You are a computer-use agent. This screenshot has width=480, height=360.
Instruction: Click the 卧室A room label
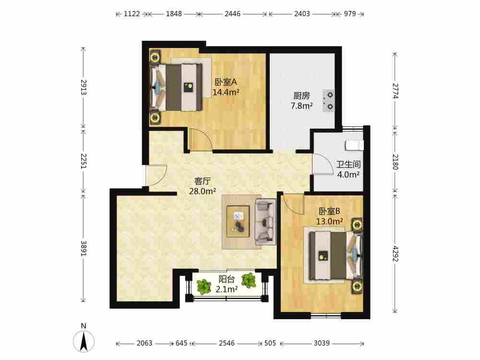tap(226, 82)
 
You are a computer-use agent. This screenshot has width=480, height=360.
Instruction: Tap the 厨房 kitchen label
tap(301, 96)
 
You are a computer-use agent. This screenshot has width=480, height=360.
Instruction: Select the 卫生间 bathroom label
tap(348, 164)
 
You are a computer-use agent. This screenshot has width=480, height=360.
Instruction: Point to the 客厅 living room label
tap(203, 181)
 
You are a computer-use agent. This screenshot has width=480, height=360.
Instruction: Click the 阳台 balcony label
tap(227, 279)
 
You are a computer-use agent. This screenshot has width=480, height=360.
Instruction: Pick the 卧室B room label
tap(329, 211)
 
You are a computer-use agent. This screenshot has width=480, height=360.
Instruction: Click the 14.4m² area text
tap(226, 92)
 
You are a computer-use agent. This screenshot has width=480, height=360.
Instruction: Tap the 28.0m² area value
tap(203, 192)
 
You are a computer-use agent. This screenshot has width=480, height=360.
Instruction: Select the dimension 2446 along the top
tap(232, 14)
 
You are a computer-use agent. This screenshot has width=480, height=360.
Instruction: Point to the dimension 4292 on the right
tap(395, 254)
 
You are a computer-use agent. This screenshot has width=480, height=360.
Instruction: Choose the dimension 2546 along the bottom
tap(227, 343)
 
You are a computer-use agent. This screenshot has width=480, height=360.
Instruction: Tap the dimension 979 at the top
tap(350, 14)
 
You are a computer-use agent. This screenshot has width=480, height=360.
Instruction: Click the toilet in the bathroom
tap(355, 145)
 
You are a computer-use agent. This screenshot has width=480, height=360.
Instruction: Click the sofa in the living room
tap(266, 222)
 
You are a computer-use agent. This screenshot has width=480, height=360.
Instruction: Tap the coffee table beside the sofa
tap(238, 221)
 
